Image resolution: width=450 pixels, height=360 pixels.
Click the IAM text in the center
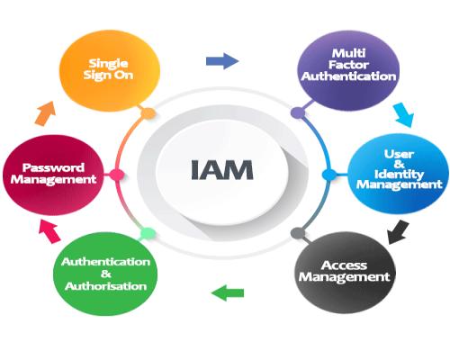(222, 169)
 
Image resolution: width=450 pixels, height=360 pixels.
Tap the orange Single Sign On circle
(110, 71)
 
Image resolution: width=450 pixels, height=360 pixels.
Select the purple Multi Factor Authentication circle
(348, 71)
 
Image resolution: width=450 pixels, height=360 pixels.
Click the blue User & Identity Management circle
(399, 174)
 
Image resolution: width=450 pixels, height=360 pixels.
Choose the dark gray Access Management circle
(345, 273)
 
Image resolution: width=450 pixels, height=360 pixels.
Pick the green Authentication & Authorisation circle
(105, 274)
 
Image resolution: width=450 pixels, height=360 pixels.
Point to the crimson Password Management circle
(53, 175)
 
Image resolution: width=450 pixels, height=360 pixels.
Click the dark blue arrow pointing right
(222, 61)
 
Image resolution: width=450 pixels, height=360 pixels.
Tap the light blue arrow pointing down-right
(404, 114)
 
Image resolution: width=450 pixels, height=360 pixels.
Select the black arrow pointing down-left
(398, 232)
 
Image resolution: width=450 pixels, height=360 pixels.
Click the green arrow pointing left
(228, 293)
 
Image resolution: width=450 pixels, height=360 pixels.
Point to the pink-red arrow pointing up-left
(49, 231)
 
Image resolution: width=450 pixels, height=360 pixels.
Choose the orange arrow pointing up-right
(45, 113)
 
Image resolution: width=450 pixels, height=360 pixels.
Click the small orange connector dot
(148, 113)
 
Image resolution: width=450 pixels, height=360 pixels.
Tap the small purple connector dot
(298, 113)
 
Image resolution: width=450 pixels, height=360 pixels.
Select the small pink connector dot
(117, 175)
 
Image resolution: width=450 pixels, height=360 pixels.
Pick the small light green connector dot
(148, 233)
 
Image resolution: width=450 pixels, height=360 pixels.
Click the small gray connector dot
(298, 233)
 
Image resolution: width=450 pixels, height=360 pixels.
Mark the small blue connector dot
(329, 175)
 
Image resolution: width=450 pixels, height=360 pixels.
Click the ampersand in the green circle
(105, 274)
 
